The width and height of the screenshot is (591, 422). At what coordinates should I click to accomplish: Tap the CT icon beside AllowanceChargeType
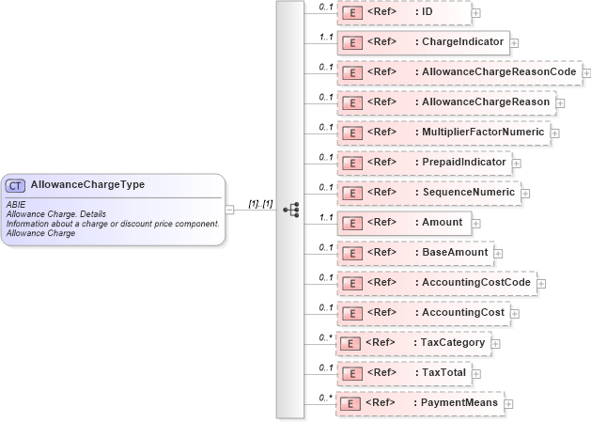pyautogui.click(x=16, y=185)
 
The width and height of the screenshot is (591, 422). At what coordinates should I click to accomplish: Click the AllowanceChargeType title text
pyautogui.click(x=88, y=185)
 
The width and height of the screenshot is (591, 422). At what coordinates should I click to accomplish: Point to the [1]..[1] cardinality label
pyautogui.click(x=260, y=203)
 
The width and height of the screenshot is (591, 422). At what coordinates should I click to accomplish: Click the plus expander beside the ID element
pyautogui.click(x=476, y=13)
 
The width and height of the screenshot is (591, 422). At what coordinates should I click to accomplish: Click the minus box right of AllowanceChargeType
pyautogui.click(x=230, y=210)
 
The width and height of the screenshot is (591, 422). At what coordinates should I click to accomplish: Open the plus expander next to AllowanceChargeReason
pyautogui.click(x=560, y=103)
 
